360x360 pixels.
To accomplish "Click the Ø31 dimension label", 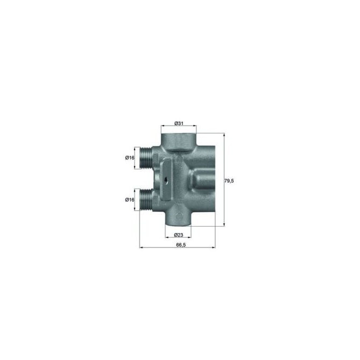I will click(x=179, y=124).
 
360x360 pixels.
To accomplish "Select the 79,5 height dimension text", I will click(x=229, y=180).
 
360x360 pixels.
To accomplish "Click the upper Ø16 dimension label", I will click(x=129, y=158).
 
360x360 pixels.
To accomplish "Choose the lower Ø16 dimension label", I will click(x=129, y=200).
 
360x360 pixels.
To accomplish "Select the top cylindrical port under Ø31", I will click(x=179, y=140).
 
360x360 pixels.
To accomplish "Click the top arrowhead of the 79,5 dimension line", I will click(x=223, y=135).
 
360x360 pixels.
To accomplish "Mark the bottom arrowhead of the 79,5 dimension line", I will click(x=223, y=225).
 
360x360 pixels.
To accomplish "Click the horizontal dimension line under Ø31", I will click(x=179, y=129).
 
